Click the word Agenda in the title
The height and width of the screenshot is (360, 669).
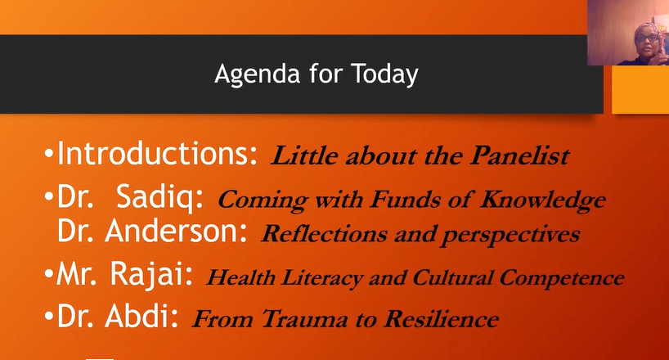[x=258, y=74]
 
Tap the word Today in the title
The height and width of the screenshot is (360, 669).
[x=384, y=74]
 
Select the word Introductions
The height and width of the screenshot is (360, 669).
[x=157, y=153]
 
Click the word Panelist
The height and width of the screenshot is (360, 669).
[x=519, y=155]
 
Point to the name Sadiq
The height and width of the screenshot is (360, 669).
[x=159, y=198]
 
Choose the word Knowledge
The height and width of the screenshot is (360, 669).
[x=543, y=200]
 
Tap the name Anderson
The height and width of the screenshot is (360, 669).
[x=176, y=231]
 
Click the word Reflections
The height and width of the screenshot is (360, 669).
[x=324, y=234]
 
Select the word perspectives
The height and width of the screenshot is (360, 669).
[x=510, y=235]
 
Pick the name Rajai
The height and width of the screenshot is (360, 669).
[x=151, y=275]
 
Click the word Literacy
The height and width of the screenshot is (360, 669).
[x=321, y=277]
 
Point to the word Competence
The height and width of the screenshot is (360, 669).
[x=562, y=277]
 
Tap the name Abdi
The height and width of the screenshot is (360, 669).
[x=141, y=316]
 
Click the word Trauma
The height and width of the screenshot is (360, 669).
[x=304, y=319]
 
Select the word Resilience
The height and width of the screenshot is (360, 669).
[x=441, y=318]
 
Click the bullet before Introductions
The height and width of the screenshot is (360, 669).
[x=48, y=154]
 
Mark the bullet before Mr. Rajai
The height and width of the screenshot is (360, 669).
[x=48, y=275]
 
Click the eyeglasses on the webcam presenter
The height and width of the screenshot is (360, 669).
[x=647, y=38]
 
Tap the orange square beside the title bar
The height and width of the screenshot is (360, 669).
[x=640, y=90]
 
